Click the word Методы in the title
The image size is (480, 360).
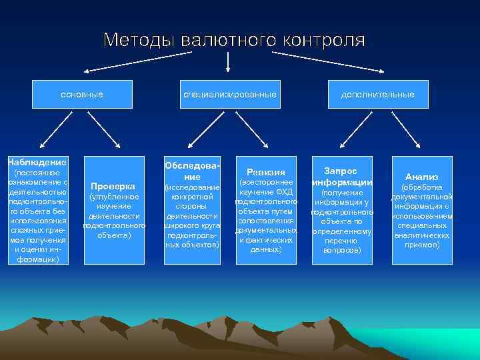tap(137, 40)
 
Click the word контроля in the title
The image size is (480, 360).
tap(325, 40)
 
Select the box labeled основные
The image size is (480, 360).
tap(82, 95)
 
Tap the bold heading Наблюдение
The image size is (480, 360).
tap(37, 162)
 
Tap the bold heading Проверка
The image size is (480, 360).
tap(113, 186)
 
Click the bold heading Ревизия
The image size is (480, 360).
tap(266, 172)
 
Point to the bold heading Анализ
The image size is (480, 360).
tap(422, 177)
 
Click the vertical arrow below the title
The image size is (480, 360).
tap(229, 61)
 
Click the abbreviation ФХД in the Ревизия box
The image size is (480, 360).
tap(284, 192)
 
